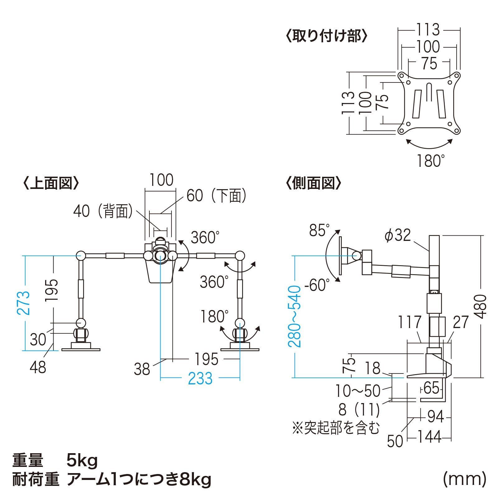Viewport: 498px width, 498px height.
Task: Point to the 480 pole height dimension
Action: point(480,306)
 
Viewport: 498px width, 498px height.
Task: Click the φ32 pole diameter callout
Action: point(398,235)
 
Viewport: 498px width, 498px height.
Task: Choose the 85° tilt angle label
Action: point(319,231)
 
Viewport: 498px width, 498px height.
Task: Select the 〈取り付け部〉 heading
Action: point(327,36)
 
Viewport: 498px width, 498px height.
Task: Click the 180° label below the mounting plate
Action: point(430,161)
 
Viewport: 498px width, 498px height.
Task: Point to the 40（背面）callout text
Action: point(103,211)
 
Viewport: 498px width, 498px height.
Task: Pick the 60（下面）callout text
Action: point(217,196)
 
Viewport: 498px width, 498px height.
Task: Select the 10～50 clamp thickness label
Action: point(358,391)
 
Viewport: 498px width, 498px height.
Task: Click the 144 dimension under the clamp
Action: point(429,437)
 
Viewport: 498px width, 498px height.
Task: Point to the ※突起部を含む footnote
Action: point(336,428)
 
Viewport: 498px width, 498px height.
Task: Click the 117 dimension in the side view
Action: point(410,322)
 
